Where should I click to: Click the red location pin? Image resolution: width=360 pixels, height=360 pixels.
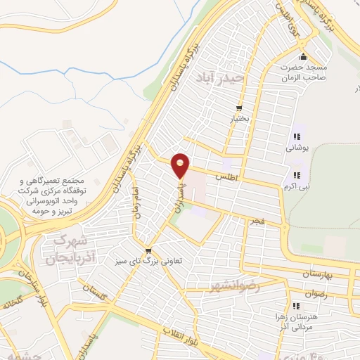point(181,165)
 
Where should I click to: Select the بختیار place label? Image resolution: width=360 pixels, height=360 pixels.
point(238,119)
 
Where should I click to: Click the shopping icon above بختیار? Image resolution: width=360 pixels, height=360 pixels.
point(239,108)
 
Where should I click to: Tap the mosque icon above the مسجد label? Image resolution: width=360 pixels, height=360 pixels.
point(303,57)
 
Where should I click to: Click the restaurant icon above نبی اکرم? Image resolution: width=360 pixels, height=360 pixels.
point(295,175)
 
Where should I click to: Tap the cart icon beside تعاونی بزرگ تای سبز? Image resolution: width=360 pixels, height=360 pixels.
point(148,250)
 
